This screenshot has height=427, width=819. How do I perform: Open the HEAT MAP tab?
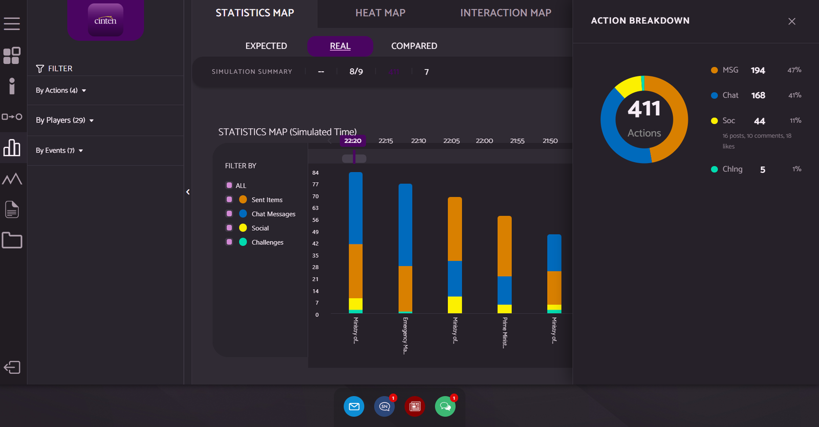(380, 13)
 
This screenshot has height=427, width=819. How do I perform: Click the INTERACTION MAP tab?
(505, 13)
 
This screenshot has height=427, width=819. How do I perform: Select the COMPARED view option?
(414, 46)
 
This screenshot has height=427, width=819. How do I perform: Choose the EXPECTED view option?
(266, 46)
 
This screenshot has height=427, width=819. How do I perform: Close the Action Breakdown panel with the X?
(791, 22)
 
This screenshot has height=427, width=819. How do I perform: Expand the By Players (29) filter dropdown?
(64, 120)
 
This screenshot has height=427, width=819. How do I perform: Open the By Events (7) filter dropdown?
(59, 151)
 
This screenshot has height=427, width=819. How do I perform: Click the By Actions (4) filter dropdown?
(60, 91)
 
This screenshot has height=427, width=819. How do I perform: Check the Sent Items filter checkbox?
(229, 199)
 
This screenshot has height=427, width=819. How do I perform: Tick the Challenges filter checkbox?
(229, 242)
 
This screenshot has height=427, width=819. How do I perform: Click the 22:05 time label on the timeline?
(451, 141)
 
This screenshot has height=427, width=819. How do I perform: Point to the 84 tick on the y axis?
(315, 173)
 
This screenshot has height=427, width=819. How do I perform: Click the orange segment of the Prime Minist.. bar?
(504, 246)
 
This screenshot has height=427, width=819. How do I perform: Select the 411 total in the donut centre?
(644, 109)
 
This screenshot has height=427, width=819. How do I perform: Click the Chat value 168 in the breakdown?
(758, 95)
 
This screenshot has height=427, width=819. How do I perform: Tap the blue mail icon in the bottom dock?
(354, 406)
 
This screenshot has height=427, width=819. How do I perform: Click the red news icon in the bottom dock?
(415, 406)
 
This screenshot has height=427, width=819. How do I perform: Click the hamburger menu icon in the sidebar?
(12, 24)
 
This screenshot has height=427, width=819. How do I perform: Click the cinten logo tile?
(105, 21)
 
